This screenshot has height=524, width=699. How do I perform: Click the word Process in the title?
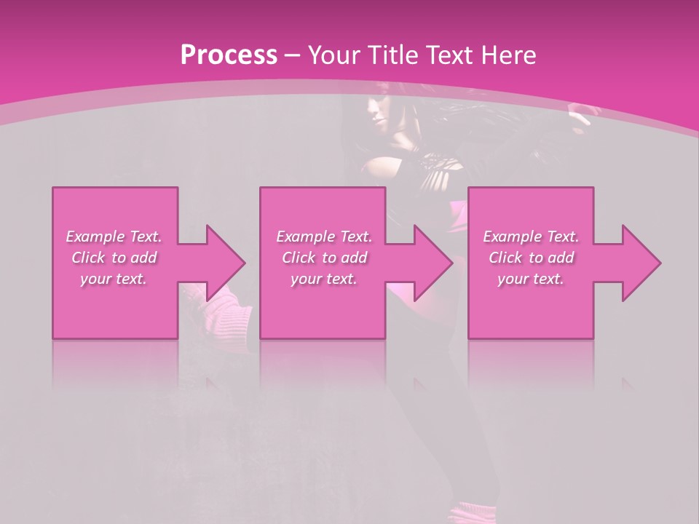[229, 55]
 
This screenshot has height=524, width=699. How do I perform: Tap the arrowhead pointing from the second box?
[433, 263]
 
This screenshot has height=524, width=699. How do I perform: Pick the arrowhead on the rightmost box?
[640, 263]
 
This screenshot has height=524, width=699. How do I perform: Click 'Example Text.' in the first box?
[114, 237]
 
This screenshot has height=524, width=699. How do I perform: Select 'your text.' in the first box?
[114, 279]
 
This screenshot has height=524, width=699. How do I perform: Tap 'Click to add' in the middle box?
[324, 258]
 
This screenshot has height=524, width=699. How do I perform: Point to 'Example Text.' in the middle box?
[324, 237]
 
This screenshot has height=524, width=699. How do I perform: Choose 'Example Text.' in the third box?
[531, 237]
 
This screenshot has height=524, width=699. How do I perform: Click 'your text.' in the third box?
[531, 279]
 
